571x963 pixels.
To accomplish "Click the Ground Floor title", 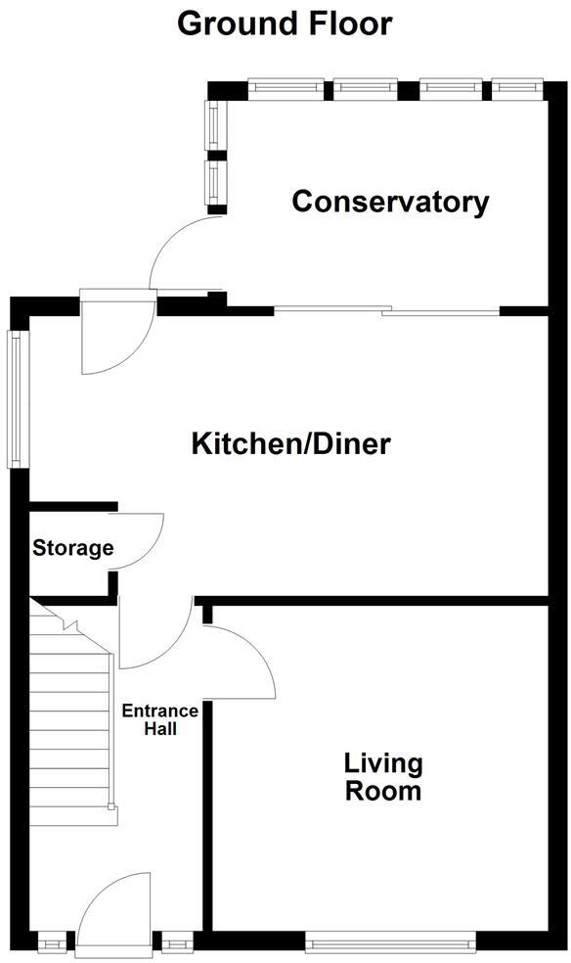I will click(x=285, y=23).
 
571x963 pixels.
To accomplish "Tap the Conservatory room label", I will click(x=390, y=203).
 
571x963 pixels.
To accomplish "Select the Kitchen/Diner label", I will click(x=290, y=444).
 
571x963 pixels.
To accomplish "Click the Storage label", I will click(x=73, y=548).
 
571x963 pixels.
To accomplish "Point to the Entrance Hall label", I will click(x=160, y=719).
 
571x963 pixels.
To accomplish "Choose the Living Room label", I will click(x=382, y=777).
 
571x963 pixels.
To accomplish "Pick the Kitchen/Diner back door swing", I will click(x=115, y=338).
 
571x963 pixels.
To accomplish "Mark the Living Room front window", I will click(x=390, y=943).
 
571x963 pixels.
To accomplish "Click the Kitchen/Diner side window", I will click(x=17, y=399).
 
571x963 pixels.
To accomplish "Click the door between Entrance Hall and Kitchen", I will click(x=156, y=636).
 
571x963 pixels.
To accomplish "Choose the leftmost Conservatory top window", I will click(x=285, y=87).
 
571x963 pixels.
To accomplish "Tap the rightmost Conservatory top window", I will click(x=516, y=87).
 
